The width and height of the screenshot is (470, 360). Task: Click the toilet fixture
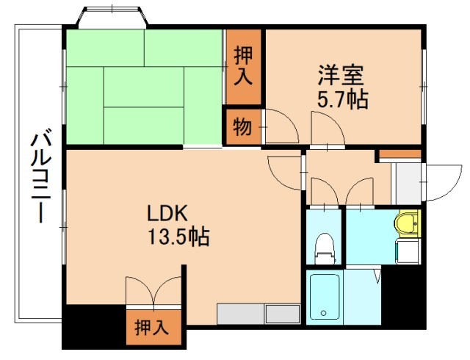pos(324,248)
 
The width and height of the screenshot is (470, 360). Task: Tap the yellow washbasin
pos(406,221)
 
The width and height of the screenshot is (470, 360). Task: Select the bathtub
pos(324,297)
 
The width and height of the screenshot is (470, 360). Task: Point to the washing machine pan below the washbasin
pos(407,250)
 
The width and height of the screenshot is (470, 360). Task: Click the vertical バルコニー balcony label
pos(40,175)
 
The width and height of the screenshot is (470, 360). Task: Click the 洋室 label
pos(341,76)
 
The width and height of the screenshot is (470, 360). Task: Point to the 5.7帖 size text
pos(343,98)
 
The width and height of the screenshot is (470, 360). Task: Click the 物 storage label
pos(242,127)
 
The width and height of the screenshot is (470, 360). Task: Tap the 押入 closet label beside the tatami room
pos(243,65)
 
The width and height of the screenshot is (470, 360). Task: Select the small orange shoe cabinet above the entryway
pos(399,154)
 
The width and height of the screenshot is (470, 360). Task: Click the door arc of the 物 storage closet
pos(281,125)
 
